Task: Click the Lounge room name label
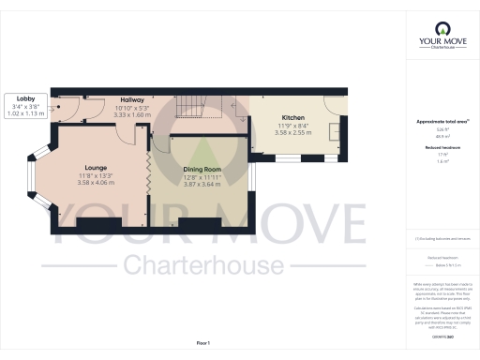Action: pos(95,167)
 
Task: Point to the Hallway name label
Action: pos(130,98)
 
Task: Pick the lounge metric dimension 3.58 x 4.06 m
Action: pos(95,182)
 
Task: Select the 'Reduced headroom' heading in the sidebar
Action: pos(442,146)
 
